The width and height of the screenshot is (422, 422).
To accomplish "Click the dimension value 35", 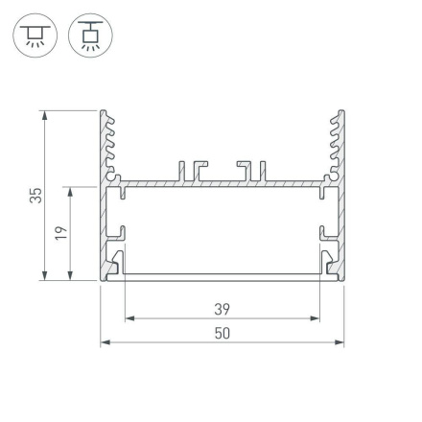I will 35,196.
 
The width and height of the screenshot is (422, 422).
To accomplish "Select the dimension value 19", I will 59,233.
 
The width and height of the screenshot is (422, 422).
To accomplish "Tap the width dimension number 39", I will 223,309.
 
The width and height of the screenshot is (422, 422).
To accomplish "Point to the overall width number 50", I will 223,333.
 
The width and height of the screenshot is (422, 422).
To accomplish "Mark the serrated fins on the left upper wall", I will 109,144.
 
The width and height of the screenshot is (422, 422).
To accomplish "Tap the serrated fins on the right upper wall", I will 336,144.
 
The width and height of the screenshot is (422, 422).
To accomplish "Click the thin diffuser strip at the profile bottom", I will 223,276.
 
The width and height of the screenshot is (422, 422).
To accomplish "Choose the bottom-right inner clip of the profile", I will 329,262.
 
